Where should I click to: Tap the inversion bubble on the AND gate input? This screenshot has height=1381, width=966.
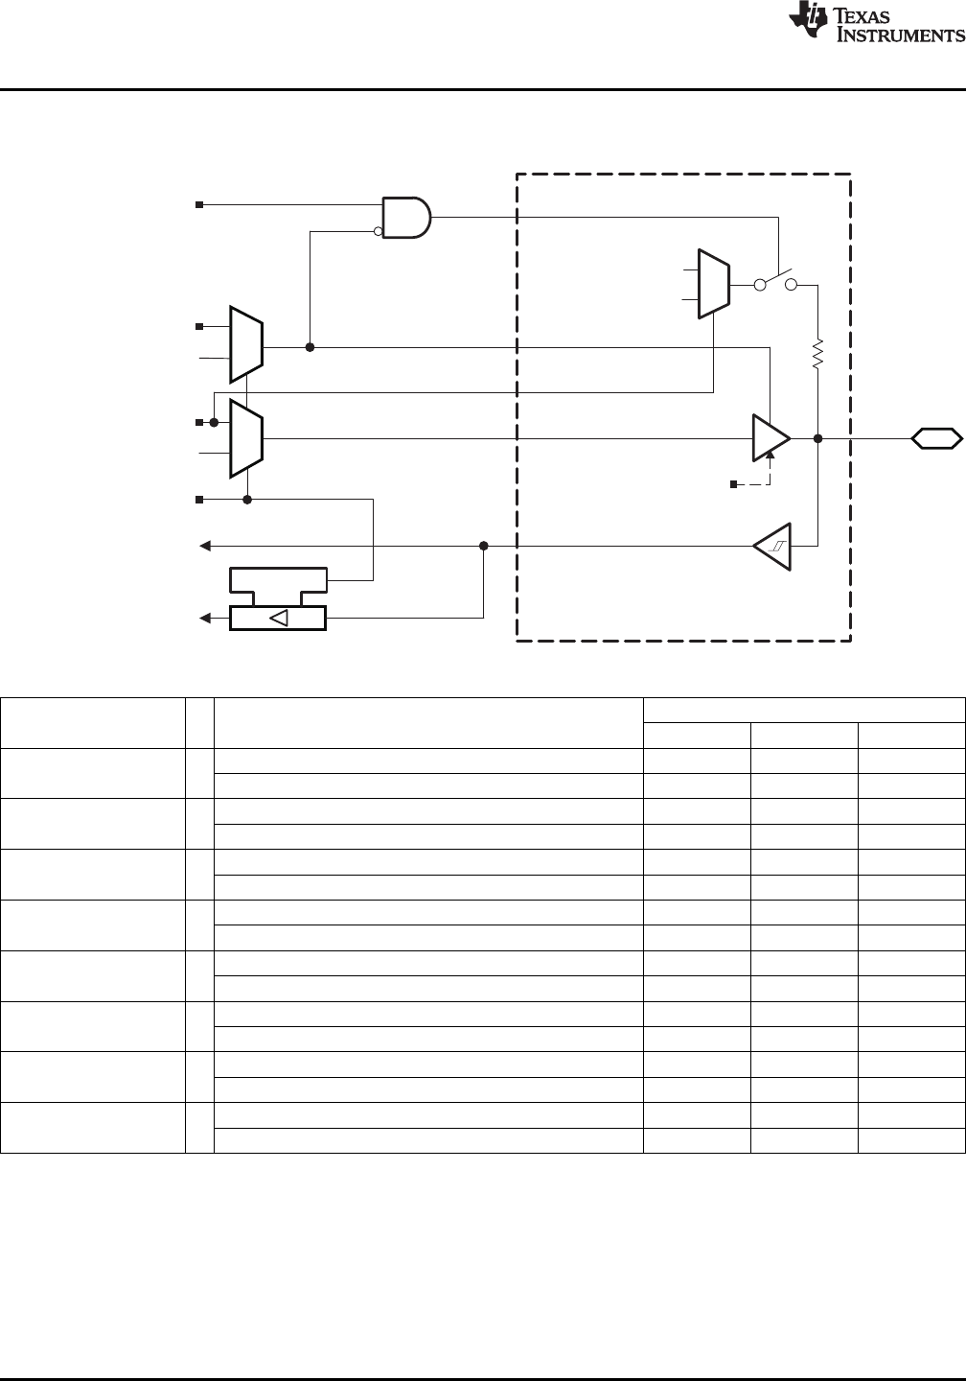[x=379, y=230]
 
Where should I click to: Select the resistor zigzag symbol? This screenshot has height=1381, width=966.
[x=817, y=356]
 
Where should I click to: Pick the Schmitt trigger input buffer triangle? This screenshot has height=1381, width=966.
[x=772, y=547]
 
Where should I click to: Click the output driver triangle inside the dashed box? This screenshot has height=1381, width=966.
[x=770, y=438]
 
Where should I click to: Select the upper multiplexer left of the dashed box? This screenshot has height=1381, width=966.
[x=246, y=344]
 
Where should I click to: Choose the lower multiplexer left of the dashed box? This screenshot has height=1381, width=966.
[x=246, y=438]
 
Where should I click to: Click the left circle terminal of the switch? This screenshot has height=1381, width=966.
[x=759, y=285]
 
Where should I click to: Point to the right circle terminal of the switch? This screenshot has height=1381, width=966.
[x=792, y=285]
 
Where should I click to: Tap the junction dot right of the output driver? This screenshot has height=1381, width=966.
[x=817, y=438]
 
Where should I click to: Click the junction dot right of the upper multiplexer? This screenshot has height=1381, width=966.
[x=310, y=347]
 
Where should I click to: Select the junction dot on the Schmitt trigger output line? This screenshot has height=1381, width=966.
[x=483, y=546]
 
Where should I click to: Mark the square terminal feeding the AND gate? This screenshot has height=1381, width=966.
[x=199, y=204]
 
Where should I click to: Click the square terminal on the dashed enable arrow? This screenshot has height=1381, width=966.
[x=733, y=484]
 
